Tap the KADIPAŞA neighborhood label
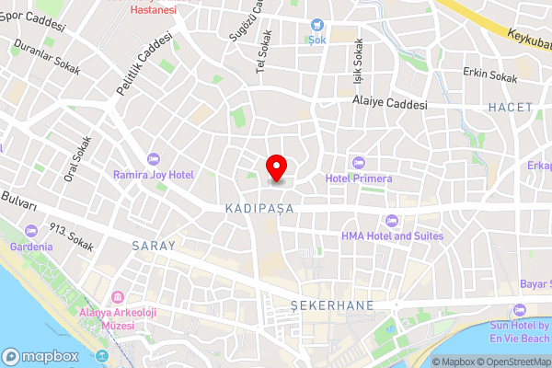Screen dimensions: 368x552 pos(259,210)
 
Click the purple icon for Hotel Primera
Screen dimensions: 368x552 pos(359,163)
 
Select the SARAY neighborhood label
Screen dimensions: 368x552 pos(153,246)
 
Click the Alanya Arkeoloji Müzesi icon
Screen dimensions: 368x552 pos(118,299)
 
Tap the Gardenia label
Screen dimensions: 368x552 pos(31,247)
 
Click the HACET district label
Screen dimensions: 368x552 pos(511,108)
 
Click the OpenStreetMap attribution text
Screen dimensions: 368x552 pos(511,362)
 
